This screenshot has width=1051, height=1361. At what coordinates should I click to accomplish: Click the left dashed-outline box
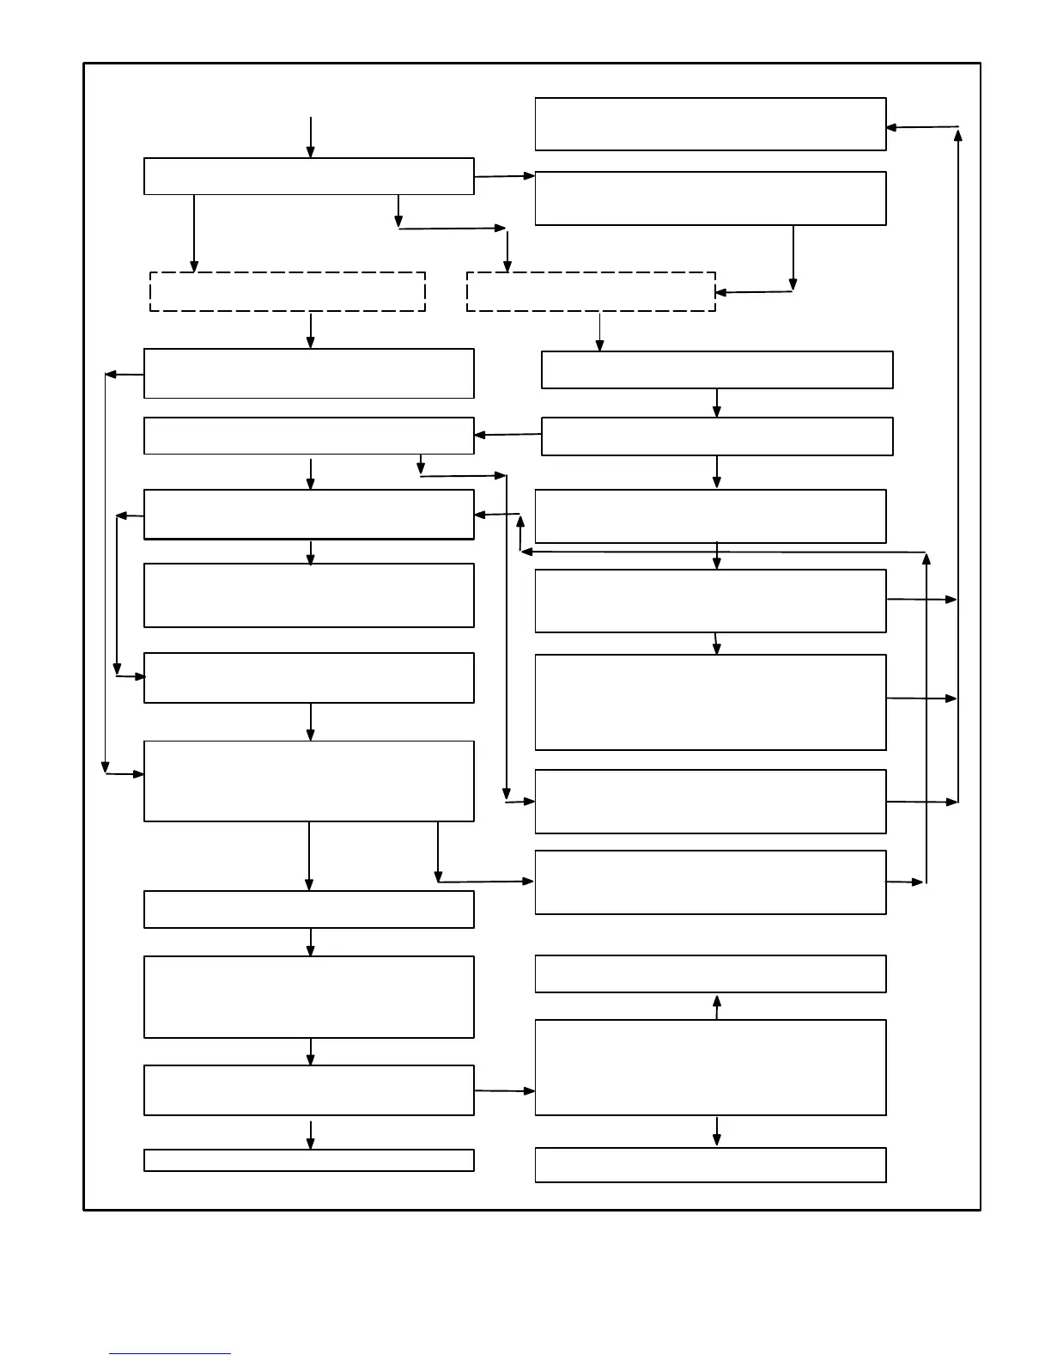[x=288, y=291]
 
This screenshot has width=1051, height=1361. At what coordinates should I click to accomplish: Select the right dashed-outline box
[x=591, y=291]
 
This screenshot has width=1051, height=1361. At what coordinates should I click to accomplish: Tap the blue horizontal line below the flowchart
[x=170, y=1354]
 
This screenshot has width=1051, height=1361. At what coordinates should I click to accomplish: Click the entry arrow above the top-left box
[x=311, y=137]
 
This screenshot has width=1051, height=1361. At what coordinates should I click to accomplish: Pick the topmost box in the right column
[x=710, y=125]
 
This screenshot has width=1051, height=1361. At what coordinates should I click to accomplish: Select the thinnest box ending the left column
[x=309, y=1160]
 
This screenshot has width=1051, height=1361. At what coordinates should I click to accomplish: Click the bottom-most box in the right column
[x=710, y=1165]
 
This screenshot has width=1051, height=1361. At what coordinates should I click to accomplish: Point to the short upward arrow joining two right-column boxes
[x=717, y=1006]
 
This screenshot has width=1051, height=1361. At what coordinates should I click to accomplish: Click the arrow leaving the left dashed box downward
[x=311, y=330]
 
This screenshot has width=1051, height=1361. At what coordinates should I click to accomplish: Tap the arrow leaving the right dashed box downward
[x=599, y=332]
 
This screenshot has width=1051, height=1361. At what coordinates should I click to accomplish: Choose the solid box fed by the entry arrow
[x=309, y=176]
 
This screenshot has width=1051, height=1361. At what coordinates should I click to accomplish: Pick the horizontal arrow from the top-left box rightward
[x=505, y=176]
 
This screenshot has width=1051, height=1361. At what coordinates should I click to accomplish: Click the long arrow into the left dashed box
[x=194, y=234]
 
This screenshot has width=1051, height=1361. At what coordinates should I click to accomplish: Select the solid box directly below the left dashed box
[x=309, y=374]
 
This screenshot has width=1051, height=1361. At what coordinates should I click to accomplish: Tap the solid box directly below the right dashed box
[x=717, y=369]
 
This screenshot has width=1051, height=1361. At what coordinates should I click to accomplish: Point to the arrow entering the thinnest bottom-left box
[x=311, y=1134]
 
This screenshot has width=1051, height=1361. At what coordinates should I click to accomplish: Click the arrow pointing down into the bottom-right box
[x=717, y=1132]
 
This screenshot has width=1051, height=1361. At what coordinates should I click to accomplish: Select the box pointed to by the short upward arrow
[x=710, y=974]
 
